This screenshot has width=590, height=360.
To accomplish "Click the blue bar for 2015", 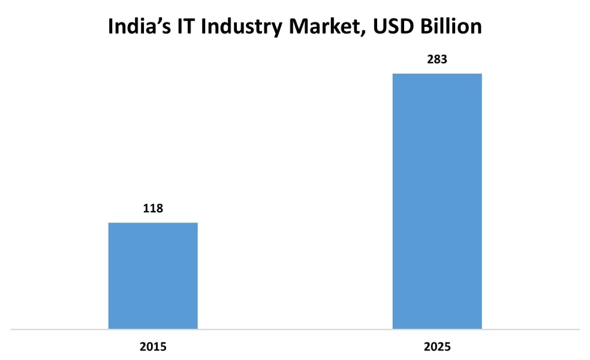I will (153, 275).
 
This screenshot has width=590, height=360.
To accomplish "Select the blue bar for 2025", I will (437, 201).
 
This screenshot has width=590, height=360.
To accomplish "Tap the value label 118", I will (153, 208).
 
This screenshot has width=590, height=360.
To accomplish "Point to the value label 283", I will (437, 59).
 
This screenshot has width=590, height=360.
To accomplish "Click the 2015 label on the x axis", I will (153, 347).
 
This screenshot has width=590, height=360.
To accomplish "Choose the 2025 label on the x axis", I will (437, 347).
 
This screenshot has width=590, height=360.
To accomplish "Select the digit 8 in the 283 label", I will (437, 59).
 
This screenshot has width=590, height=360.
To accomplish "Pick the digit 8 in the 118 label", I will (159, 208).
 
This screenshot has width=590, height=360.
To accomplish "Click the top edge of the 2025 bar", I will (437, 74).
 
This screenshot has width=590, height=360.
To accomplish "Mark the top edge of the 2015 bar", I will (153, 223).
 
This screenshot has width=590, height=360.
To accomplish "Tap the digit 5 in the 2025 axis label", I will (447, 347).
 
